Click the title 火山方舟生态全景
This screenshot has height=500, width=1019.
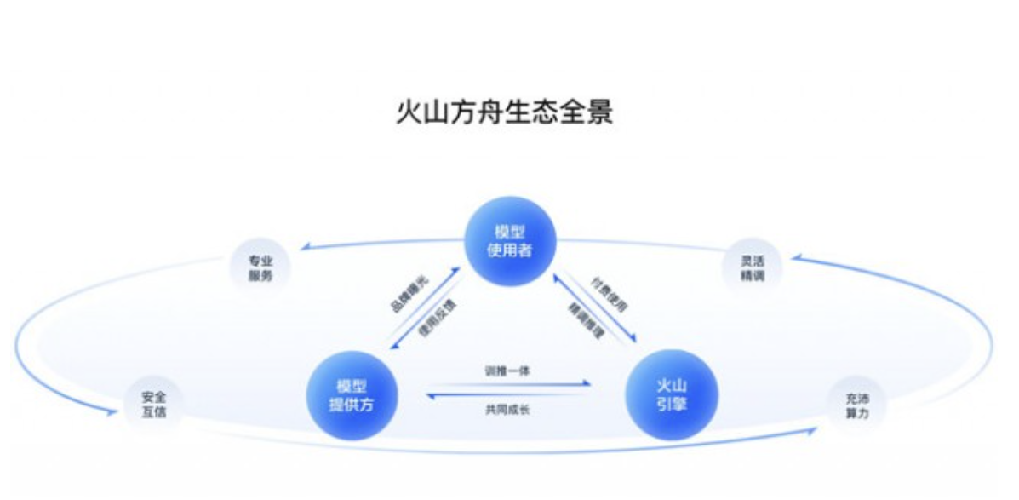tap(504, 112)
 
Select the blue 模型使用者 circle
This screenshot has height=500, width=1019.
tap(509, 242)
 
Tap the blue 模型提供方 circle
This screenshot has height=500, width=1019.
tap(351, 395)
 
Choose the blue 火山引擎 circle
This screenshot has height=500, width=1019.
tap(672, 395)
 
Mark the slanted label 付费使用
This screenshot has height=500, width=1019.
tap(610, 294)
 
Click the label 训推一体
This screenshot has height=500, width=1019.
tap(508, 371)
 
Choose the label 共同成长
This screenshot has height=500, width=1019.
tap(508, 410)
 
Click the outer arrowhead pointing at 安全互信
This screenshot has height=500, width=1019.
tap(110, 412)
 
